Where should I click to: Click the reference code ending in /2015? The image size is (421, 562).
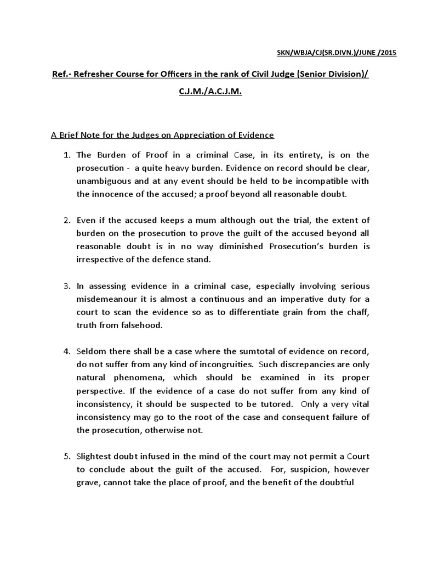pyautogui.click(x=335, y=53)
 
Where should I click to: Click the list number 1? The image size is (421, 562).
pyautogui.click(x=66, y=155)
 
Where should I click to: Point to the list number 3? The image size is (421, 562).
pyautogui.click(x=66, y=286)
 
